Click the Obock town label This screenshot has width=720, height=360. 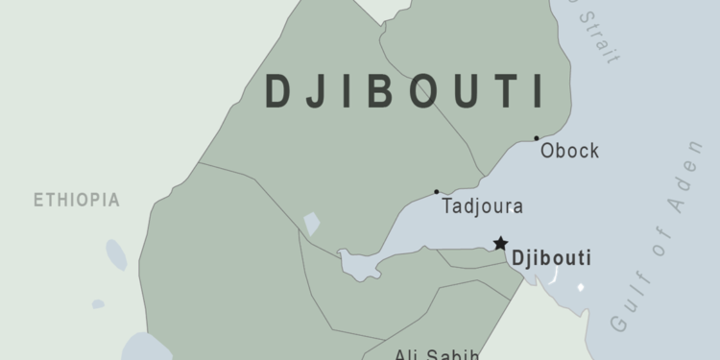[x=570, y=151]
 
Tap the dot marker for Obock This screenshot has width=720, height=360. [x=537, y=138]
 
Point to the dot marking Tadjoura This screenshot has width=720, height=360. [x=437, y=191]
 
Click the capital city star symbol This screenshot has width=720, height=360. [x=500, y=244]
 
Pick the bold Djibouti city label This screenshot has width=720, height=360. [x=552, y=258]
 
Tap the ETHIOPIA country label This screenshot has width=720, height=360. [x=77, y=201]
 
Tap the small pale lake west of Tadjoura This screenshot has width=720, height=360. [x=312, y=224]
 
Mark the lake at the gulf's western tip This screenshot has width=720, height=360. [x=355, y=264]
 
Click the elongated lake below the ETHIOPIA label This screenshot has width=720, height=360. [x=115, y=254]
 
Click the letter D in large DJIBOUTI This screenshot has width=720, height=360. [x=277, y=90]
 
